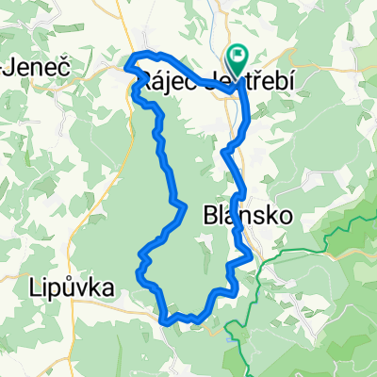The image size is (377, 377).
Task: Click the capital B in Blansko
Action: pos(211,215)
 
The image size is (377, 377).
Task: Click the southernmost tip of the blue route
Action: pos(170,320)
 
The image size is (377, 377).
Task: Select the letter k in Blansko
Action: pos(264,215)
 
